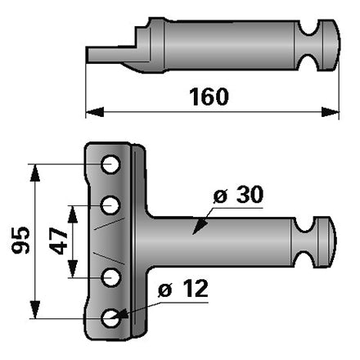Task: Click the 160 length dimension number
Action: coord(209,97)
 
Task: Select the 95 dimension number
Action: coord(20,241)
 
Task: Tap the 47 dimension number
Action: coord(58,241)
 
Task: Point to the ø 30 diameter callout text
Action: coord(238,194)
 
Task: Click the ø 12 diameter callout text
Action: coord(183,288)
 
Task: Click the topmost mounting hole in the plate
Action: coord(110,164)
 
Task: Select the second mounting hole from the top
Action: coord(110,205)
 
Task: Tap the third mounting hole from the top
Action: coord(110,277)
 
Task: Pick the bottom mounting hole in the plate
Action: coord(110,318)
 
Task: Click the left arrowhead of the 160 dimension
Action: coord(95,112)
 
